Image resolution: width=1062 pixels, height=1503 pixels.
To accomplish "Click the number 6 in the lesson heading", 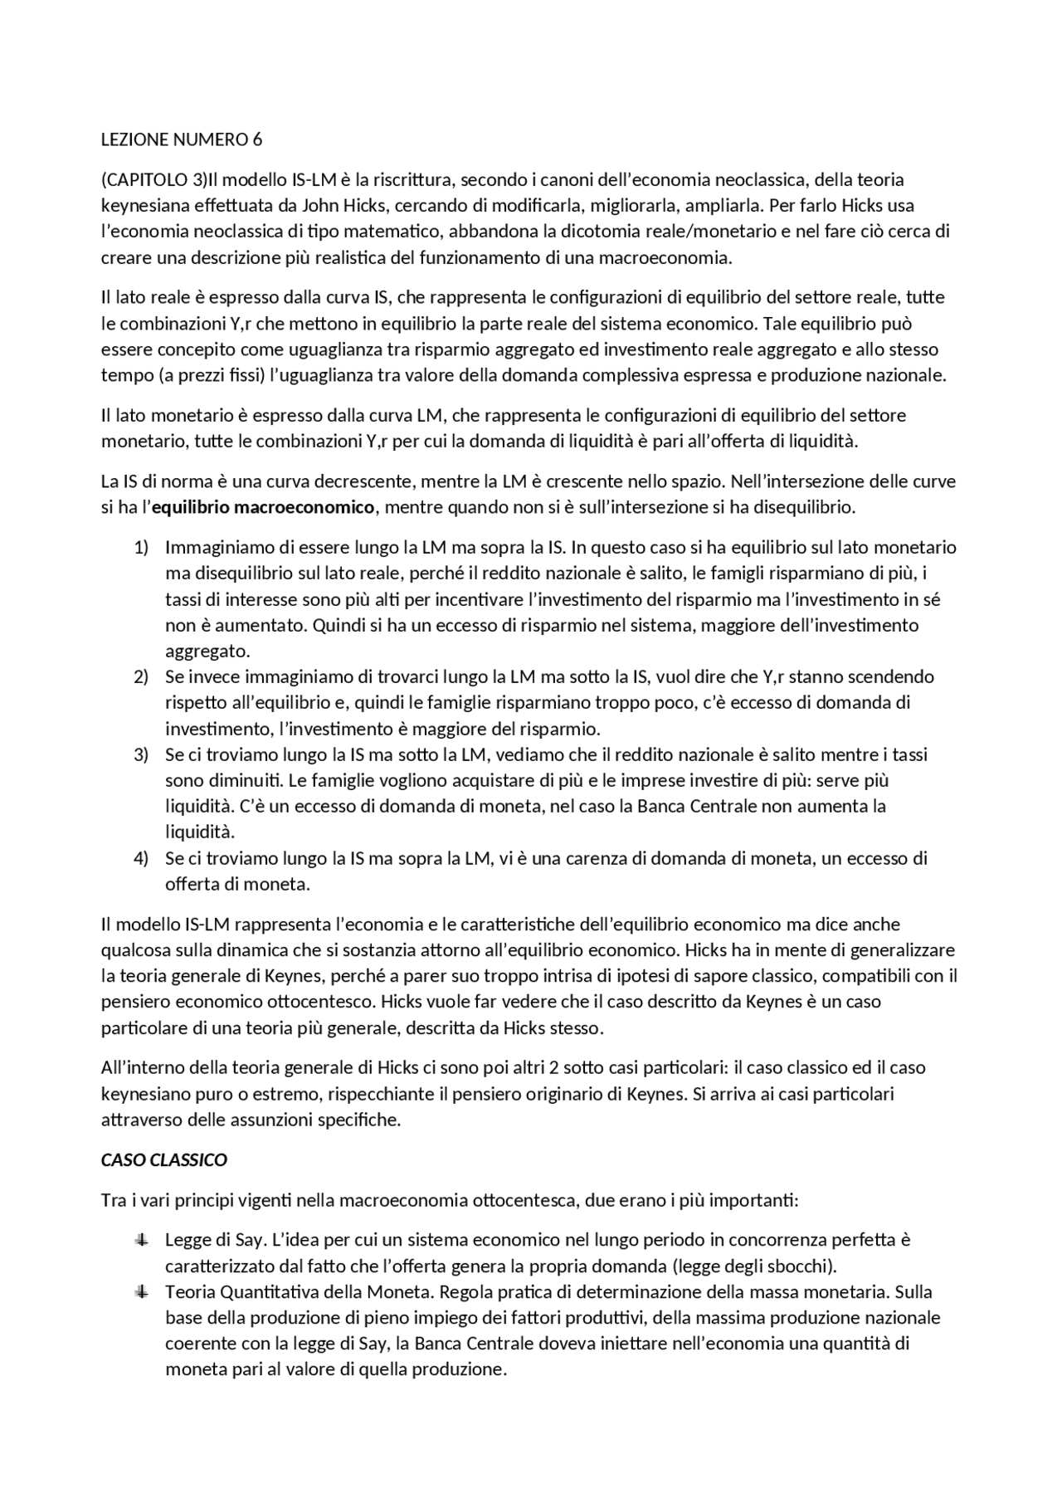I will tap(257, 139).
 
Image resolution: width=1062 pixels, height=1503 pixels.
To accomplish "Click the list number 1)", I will tap(141, 547).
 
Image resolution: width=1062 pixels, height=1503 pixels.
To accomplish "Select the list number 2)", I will tap(141, 676).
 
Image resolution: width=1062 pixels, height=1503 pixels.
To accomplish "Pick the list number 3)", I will tap(141, 754).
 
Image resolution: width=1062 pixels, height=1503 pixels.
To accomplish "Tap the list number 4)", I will tap(141, 858).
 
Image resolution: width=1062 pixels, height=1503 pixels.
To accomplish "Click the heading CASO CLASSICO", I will tap(164, 1159).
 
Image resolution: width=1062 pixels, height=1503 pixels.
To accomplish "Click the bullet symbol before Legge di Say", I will tap(142, 1240).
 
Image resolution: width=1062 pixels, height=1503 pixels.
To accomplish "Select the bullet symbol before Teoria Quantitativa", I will tap(142, 1291).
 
